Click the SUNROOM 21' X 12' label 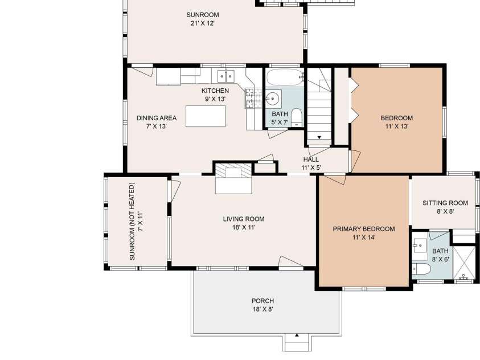[202, 19]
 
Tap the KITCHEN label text [215, 91]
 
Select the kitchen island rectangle [206, 116]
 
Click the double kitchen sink [225, 76]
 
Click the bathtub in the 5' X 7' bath [284, 77]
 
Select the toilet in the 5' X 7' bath [296, 117]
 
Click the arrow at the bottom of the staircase [319, 137]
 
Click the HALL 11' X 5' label [311, 163]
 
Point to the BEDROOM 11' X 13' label [397, 122]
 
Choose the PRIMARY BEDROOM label [364, 229]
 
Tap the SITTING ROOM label [445, 203]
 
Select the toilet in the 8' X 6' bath [421, 269]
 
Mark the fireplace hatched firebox [233, 170]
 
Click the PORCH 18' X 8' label [262, 305]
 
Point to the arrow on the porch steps [297, 335]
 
